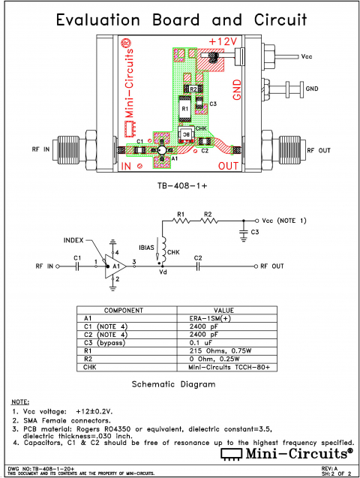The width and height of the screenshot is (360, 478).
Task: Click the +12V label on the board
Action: coord(224,41)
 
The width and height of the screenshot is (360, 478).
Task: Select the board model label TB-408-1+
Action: coord(179,184)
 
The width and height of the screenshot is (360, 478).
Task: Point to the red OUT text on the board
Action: coord(230,164)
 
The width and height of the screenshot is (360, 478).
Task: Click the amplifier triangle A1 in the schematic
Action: coord(113,266)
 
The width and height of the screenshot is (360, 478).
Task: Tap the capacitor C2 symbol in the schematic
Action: coord(198,266)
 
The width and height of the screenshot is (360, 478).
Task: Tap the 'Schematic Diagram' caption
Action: coord(179,383)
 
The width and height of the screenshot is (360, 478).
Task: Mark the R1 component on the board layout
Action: coord(185,107)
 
